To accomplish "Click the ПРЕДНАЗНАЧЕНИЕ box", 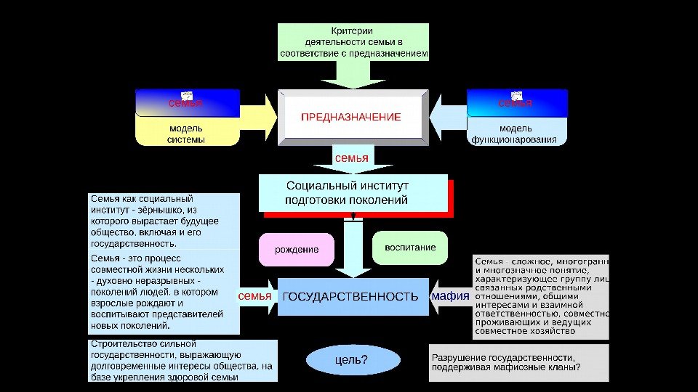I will point(352,117).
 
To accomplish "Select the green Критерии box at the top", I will point(354,42).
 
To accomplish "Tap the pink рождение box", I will point(297,250).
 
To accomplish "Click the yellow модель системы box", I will point(186,134).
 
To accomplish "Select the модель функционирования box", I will point(516,134).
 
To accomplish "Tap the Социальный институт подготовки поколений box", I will point(353,193).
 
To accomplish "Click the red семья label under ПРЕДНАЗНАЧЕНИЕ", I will point(351,158).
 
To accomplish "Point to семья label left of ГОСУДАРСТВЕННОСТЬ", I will point(254,296).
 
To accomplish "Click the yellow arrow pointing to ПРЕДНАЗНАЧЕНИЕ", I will point(259,116).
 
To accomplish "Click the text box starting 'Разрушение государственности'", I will point(519,362).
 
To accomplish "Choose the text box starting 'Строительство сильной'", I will point(182,360).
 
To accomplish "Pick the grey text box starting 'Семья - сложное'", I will point(541,295).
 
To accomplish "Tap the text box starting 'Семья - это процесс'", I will point(164,293).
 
